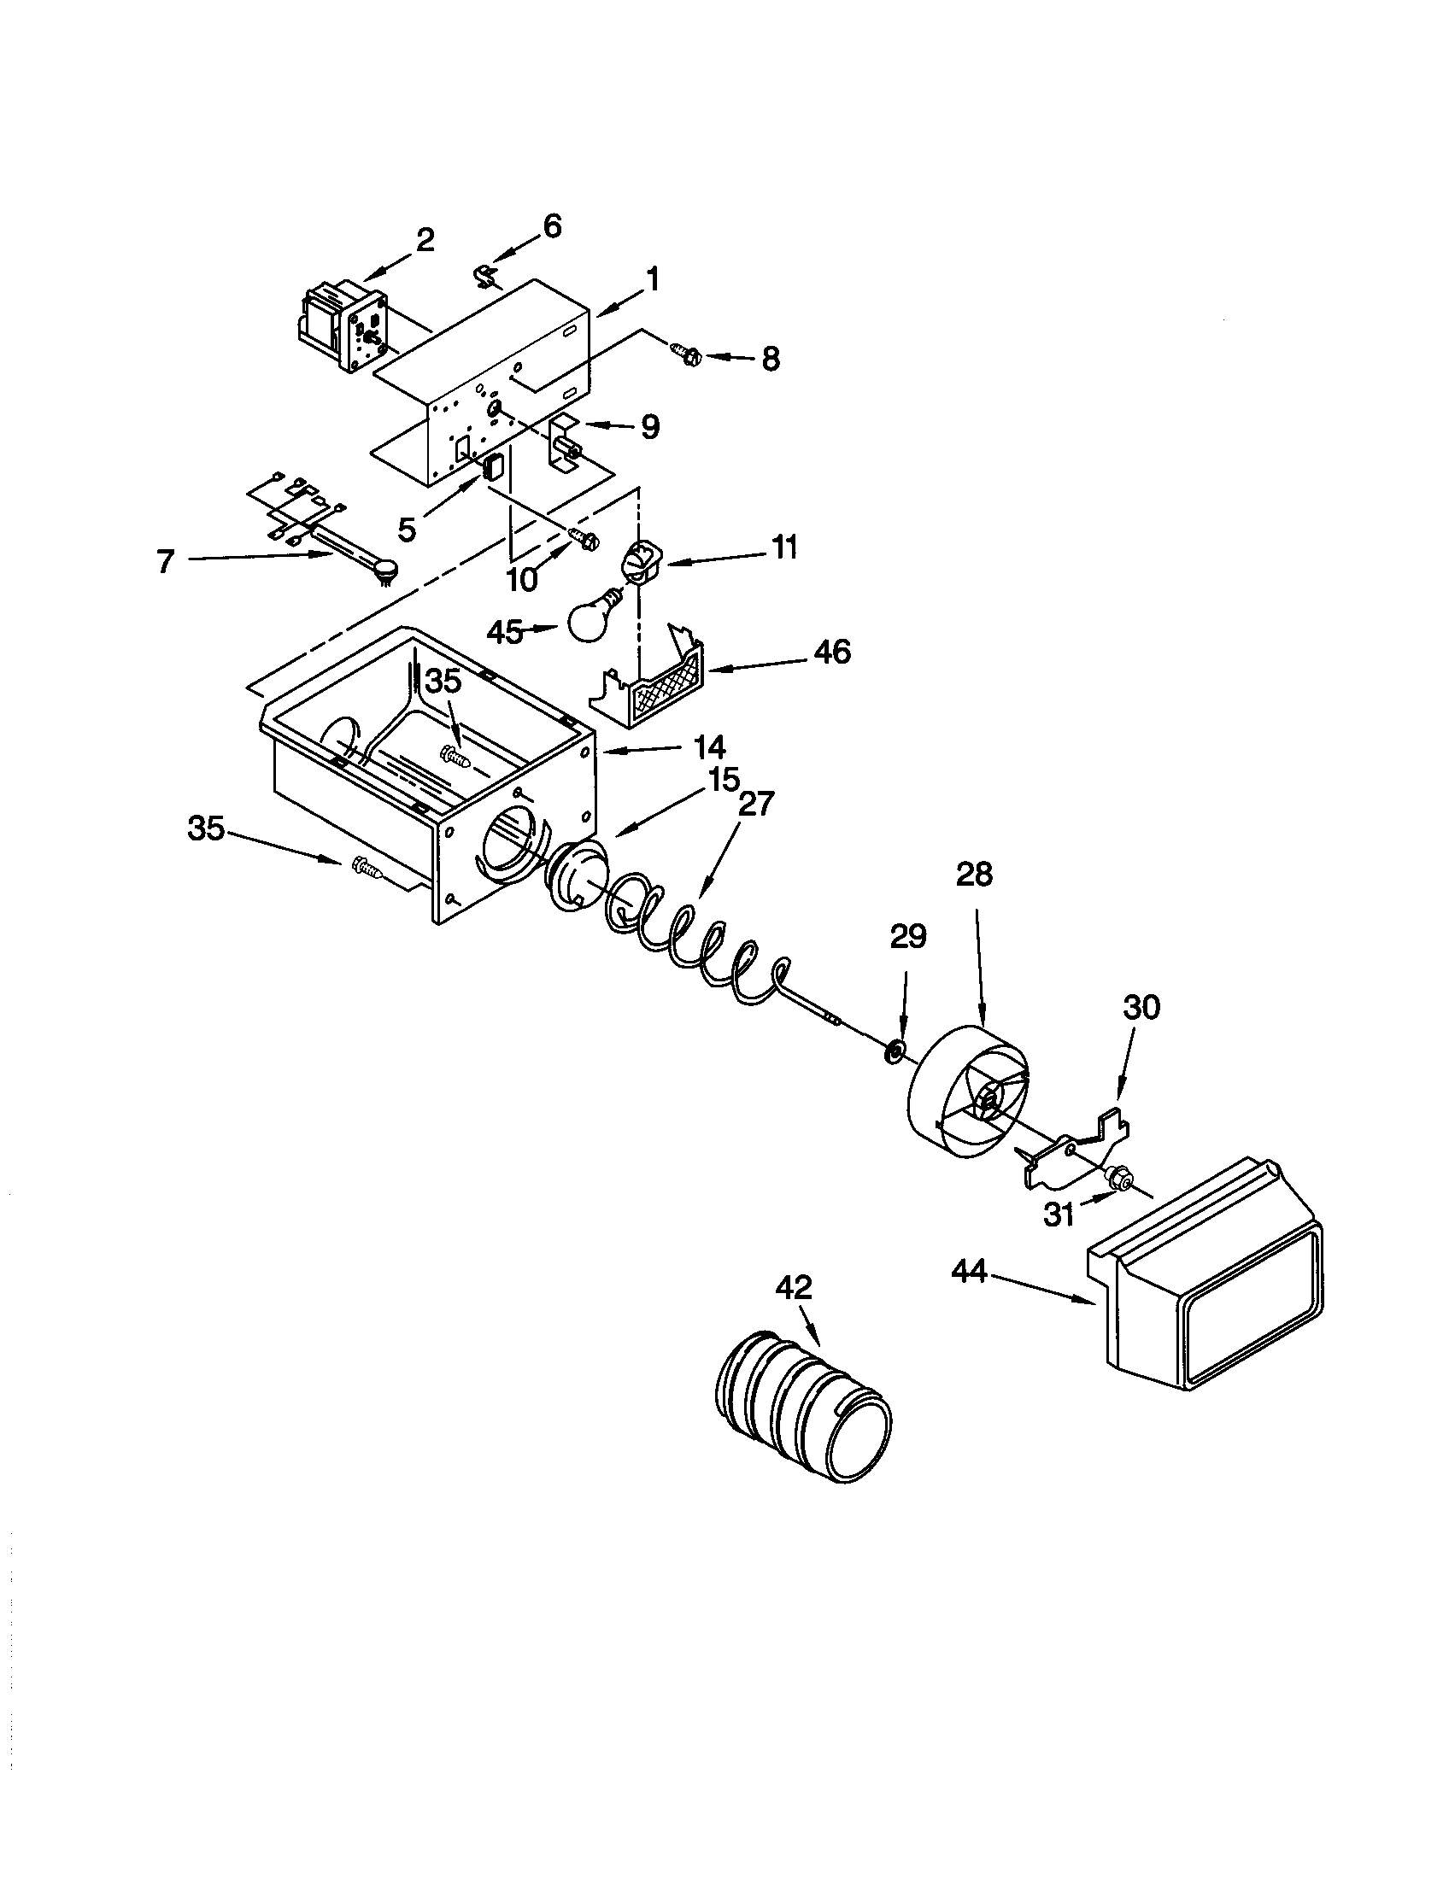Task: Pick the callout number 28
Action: click(x=974, y=874)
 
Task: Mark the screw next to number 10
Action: click(x=586, y=541)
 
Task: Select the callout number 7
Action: click(x=166, y=561)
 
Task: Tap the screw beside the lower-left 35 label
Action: click(x=367, y=869)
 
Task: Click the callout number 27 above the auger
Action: click(x=756, y=804)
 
